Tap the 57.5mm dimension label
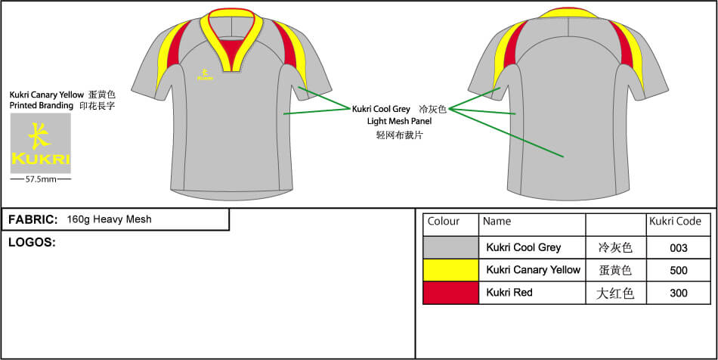[40, 180]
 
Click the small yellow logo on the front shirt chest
[203, 74]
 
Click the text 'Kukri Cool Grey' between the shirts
[381, 109]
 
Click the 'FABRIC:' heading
[33, 219]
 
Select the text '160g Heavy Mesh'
[109, 219]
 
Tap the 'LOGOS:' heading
[32, 242]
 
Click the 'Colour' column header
[444, 222]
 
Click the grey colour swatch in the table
[450, 247]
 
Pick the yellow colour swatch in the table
[450, 270]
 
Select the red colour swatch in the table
[450, 293]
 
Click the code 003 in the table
[678, 247]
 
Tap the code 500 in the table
[678, 270]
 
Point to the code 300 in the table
[678, 293]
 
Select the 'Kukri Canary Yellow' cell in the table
[534, 270]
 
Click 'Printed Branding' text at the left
[42, 106]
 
